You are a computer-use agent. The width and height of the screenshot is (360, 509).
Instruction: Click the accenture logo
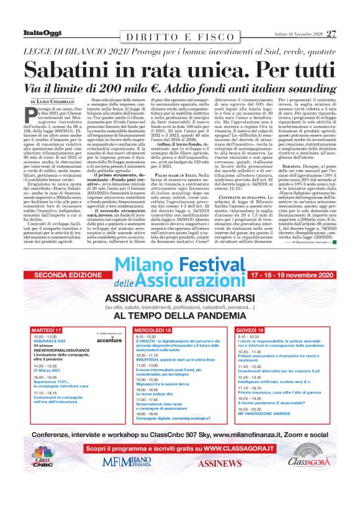point(110,340)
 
